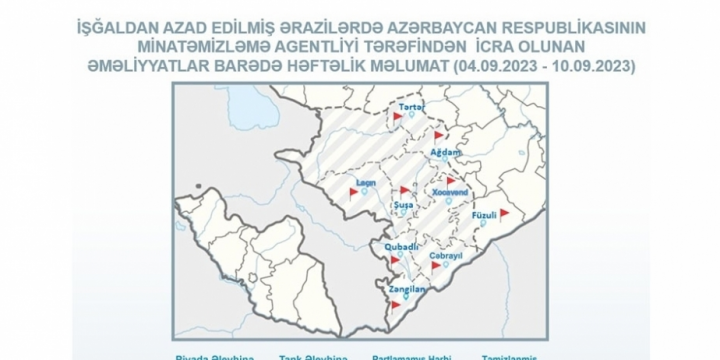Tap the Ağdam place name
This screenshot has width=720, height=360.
(444, 152)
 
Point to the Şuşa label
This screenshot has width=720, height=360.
(405, 204)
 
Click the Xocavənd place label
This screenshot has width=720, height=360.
(453, 190)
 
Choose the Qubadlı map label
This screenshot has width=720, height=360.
(401, 246)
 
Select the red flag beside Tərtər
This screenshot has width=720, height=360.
(398, 117)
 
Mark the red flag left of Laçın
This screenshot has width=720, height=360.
(353, 191)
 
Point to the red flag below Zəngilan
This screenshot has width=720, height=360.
(397, 304)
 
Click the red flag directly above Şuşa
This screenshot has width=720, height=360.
(404, 189)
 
